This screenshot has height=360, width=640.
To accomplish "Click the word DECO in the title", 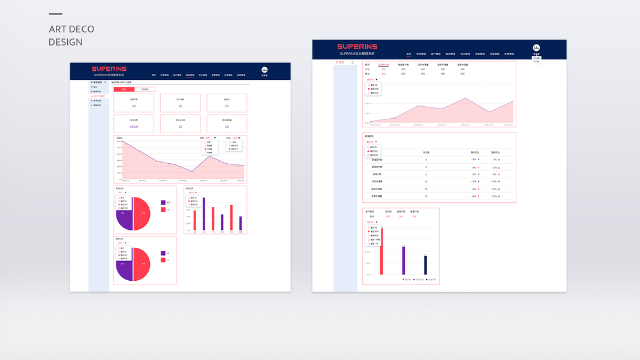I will tap(82, 29).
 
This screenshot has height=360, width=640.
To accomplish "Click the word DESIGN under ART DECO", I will tap(65, 42).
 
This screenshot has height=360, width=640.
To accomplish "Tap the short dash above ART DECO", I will tap(55, 14).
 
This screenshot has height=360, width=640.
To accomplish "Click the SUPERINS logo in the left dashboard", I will tap(109, 69).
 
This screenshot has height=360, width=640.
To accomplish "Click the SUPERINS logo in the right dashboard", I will tap(357, 46).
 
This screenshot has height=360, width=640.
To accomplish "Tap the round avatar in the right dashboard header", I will tap(536, 48).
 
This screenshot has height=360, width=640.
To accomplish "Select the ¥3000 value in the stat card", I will tap(134, 127).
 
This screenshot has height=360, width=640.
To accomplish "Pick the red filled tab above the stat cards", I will tap(124, 89).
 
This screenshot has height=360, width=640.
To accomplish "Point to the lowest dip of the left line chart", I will tap(193, 172).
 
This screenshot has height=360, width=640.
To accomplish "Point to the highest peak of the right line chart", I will tap(466, 98).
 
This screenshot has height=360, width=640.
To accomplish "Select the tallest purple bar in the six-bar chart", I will tap(204, 214).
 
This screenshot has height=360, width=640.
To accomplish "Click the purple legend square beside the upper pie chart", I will tap(163, 203).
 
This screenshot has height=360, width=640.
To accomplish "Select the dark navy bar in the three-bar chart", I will tap(426, 265).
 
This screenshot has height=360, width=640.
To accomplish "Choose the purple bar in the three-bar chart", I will tap(404, 260).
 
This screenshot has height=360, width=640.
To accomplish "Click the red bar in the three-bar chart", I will tap(381, 251).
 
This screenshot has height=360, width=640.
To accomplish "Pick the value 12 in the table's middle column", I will tap(426, 181).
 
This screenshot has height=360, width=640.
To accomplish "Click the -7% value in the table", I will tap(494, 160).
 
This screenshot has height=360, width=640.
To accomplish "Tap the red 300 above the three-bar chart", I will tap(388, 216).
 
